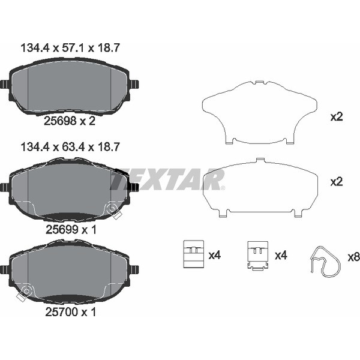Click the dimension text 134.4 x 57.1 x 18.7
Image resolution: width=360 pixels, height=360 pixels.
[x=70, y=48]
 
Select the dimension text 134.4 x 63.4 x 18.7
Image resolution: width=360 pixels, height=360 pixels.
[x=70, y=147]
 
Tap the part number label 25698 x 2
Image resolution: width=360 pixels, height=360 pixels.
[x=70, y=121]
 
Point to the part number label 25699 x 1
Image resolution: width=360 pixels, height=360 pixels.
[x=71, y=229]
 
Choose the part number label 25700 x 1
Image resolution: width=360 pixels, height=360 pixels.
[x=70, y=312]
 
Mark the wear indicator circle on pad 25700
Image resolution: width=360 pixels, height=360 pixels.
[x=26, y=291]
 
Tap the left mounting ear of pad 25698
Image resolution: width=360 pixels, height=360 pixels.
[x=5, y=84]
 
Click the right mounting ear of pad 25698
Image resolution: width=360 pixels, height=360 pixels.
[x=134, y=84]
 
